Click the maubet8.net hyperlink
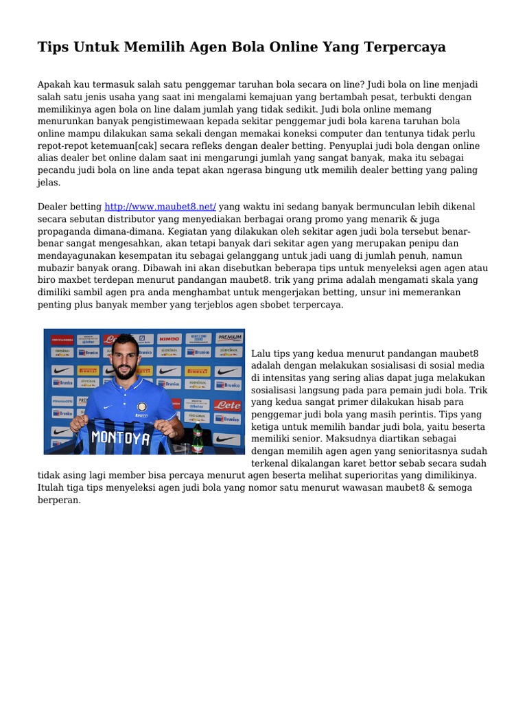(160, 207)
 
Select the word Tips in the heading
(51, 47)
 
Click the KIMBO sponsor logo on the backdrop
(169, 338)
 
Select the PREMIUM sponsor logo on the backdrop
(229, 337)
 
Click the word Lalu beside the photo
(262, 353)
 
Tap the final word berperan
(59, 500)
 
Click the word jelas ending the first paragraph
(48, 183)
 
